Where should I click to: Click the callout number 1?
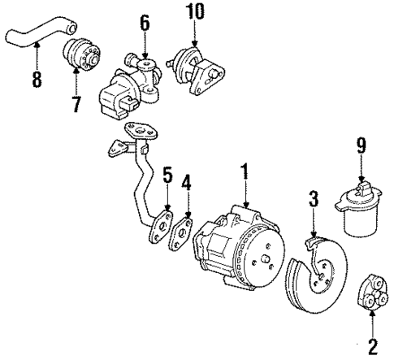pyautogui.click(x=241, y=173)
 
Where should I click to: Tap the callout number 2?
pyautogui.click(x=373, y=347)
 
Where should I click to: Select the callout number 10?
pyautogui.click(x=195, y=13)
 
